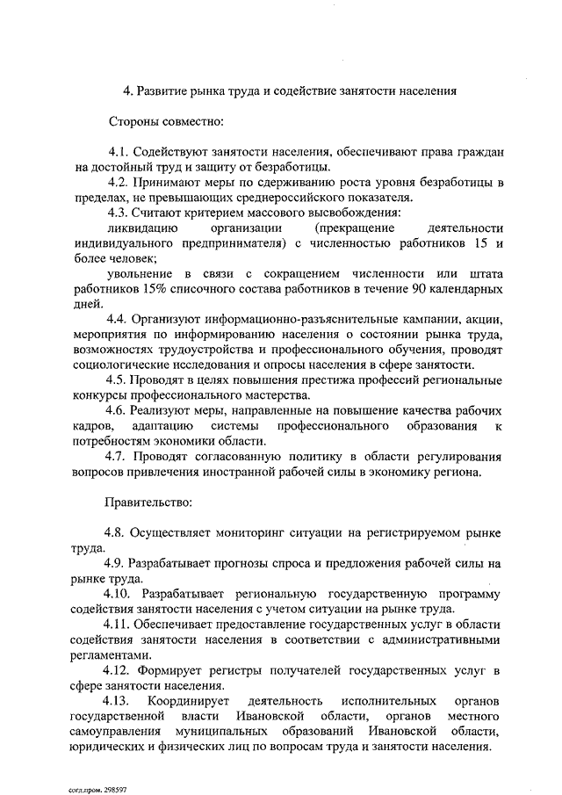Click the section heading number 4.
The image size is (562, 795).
126,90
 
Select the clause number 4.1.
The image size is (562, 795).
119,151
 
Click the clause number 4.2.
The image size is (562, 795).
119,182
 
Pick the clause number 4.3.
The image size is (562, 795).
119,213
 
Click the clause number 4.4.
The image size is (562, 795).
119,320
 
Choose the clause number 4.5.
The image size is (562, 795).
119,380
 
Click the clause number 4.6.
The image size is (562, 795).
119,411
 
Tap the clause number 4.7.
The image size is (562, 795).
119,457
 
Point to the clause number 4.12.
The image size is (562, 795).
120,670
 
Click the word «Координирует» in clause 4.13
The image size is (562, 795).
188,701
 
